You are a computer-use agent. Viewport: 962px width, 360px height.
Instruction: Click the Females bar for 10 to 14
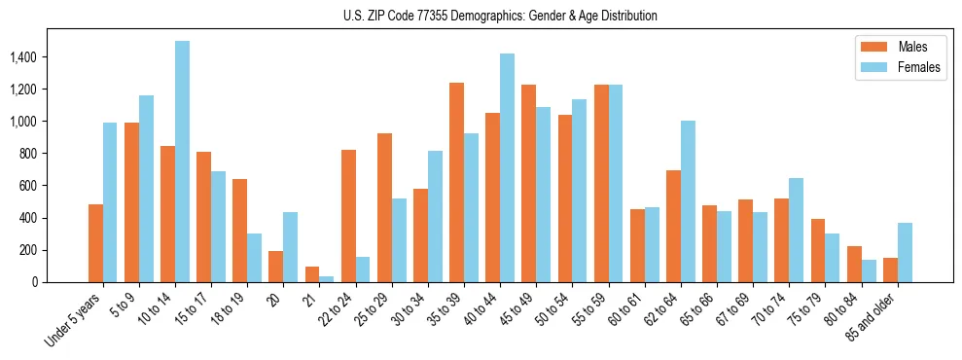pos(183,162)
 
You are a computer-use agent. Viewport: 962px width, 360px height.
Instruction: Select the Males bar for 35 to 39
pos(456,182)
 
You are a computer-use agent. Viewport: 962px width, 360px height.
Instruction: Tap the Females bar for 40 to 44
pos(507,167)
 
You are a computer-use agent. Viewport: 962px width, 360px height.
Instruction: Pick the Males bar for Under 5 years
pos(95,243)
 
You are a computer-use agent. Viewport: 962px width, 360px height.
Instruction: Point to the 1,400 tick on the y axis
pos(24,57)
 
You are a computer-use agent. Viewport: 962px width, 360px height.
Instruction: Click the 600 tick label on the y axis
pos(29,186)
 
